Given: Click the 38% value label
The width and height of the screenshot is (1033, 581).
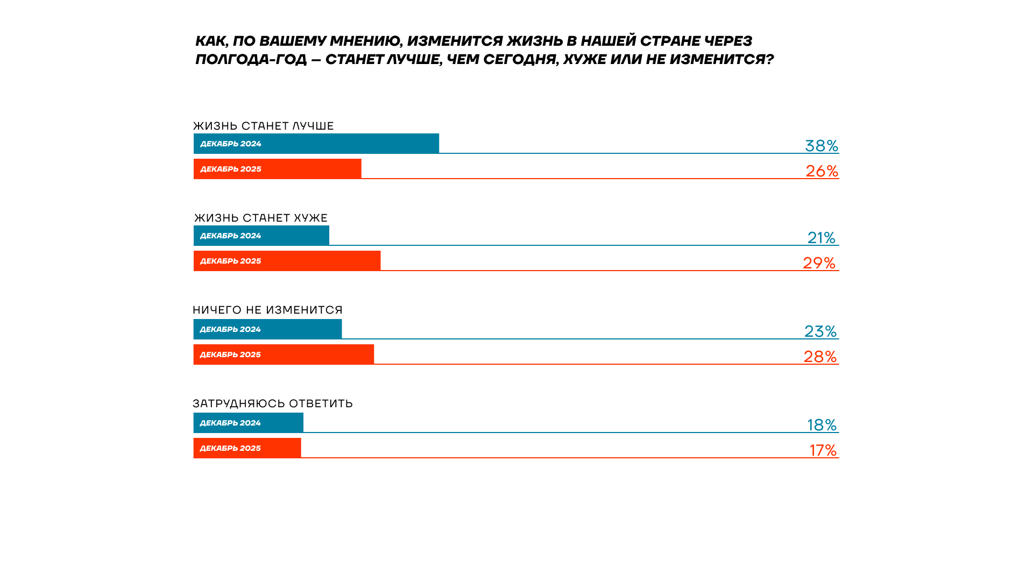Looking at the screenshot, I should [x=821, y=146].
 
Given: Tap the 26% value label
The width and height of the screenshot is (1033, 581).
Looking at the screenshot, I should [x=822, y=171].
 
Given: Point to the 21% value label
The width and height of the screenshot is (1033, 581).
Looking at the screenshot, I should [x=821, y=238].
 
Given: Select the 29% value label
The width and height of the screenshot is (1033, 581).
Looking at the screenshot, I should [x=819, y=263].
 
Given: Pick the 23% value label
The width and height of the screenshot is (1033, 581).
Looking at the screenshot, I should [x=820, y=331].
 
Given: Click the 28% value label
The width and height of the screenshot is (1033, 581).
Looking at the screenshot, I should [x=820, y=357].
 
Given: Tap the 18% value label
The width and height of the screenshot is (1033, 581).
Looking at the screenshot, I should [x=822, y=425].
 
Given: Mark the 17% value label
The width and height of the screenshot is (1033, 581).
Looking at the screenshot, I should [x=823, y=450].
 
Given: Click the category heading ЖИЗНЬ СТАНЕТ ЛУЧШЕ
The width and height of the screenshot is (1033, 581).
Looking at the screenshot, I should [x=264, y=126].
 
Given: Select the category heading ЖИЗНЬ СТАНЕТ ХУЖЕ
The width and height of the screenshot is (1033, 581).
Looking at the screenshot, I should [x=261, y=218].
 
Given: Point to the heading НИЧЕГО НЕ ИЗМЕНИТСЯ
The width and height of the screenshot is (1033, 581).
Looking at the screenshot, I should [x=267, y=310].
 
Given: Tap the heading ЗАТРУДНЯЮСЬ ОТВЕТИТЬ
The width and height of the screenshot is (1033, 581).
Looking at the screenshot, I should [x=273, y=404].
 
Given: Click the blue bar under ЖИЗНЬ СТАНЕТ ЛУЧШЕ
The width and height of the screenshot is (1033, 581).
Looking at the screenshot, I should [x=316, y=144].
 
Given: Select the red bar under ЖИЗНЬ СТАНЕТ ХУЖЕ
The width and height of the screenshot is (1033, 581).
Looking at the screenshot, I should [x=287, y=261].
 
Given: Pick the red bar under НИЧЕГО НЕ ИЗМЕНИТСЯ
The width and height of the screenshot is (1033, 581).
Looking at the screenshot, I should [x=284, y=355].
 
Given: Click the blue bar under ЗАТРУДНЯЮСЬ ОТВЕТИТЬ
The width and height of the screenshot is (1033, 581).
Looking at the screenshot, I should [x=248, y=423].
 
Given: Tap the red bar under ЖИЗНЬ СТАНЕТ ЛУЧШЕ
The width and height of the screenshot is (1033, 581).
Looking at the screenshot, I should [x=277, y=169].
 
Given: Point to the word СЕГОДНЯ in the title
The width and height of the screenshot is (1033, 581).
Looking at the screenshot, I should [x=519, y=59].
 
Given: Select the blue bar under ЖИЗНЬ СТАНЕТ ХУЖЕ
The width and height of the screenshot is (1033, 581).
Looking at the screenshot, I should [x=261, y=236].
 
